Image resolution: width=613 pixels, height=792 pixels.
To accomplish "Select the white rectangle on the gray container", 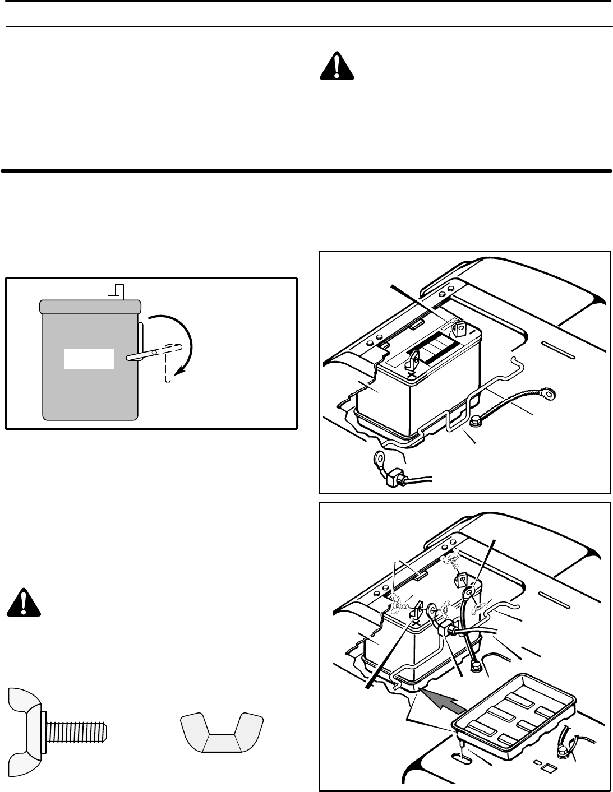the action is click(89, 358).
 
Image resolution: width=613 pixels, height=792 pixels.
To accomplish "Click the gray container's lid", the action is click(90, 306).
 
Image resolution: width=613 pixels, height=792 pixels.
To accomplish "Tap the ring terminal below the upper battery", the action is click(381, 462).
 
